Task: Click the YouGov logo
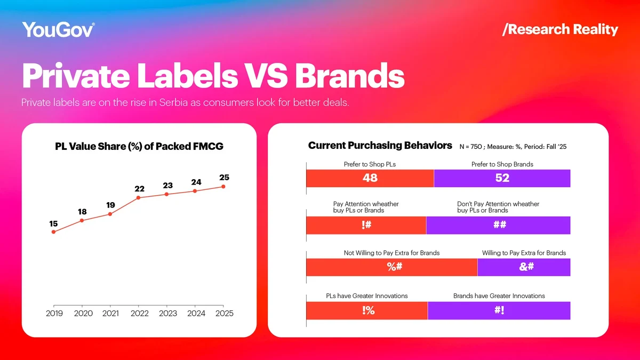point(59,29)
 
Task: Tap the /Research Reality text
point(560,29)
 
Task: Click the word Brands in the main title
point(349,76)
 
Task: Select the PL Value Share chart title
point(139,147)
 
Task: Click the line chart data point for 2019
point(53,232)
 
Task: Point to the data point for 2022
point(139,198)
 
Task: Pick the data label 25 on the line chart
point(224,177)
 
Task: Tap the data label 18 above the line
point(82,212)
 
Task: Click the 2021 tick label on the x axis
point(110,314)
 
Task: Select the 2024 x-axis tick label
point(196,314)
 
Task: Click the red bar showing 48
point(370,179)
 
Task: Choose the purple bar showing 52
point(502,179)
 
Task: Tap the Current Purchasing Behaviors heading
point(380,146)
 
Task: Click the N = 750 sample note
point(513,147)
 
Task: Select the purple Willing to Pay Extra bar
point(524,267)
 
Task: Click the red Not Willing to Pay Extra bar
point(391,267)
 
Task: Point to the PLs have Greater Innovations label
point(367,295)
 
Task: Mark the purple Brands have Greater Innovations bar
point(499,310)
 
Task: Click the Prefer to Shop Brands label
point(502,164)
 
